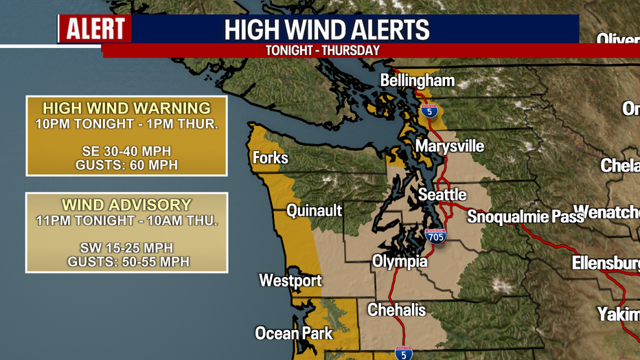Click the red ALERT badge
[95, 29]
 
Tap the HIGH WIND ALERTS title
[327, 30]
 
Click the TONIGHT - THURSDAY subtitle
[322, 51]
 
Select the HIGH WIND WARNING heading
[126, 109]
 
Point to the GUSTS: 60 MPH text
[126, 165]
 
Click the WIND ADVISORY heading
[126, 205]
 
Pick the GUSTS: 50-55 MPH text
[128, 262]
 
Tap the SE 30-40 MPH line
[126, 151]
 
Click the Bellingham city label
[418, 80]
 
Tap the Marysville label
[449, 146]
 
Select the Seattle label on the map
[442, 195]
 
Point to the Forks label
[270, 158]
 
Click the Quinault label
[314, 211]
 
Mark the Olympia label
[399, 262]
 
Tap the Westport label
[290, 280]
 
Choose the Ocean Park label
[293, 333]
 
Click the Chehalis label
[396, 310]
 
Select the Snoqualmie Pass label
[525, 217]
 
